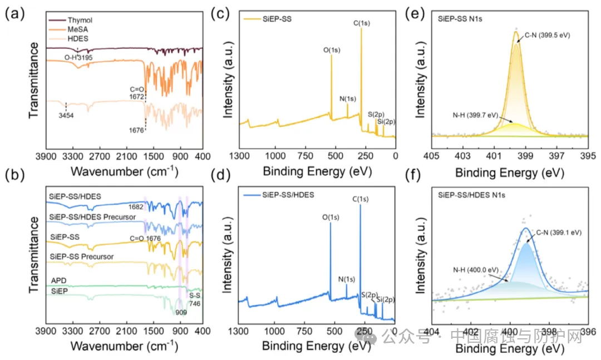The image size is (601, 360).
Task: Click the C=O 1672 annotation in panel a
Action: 137,91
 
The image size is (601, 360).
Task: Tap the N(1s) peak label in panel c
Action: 347,99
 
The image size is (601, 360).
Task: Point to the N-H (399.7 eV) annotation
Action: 475,115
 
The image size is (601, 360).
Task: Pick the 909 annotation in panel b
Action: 181,312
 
